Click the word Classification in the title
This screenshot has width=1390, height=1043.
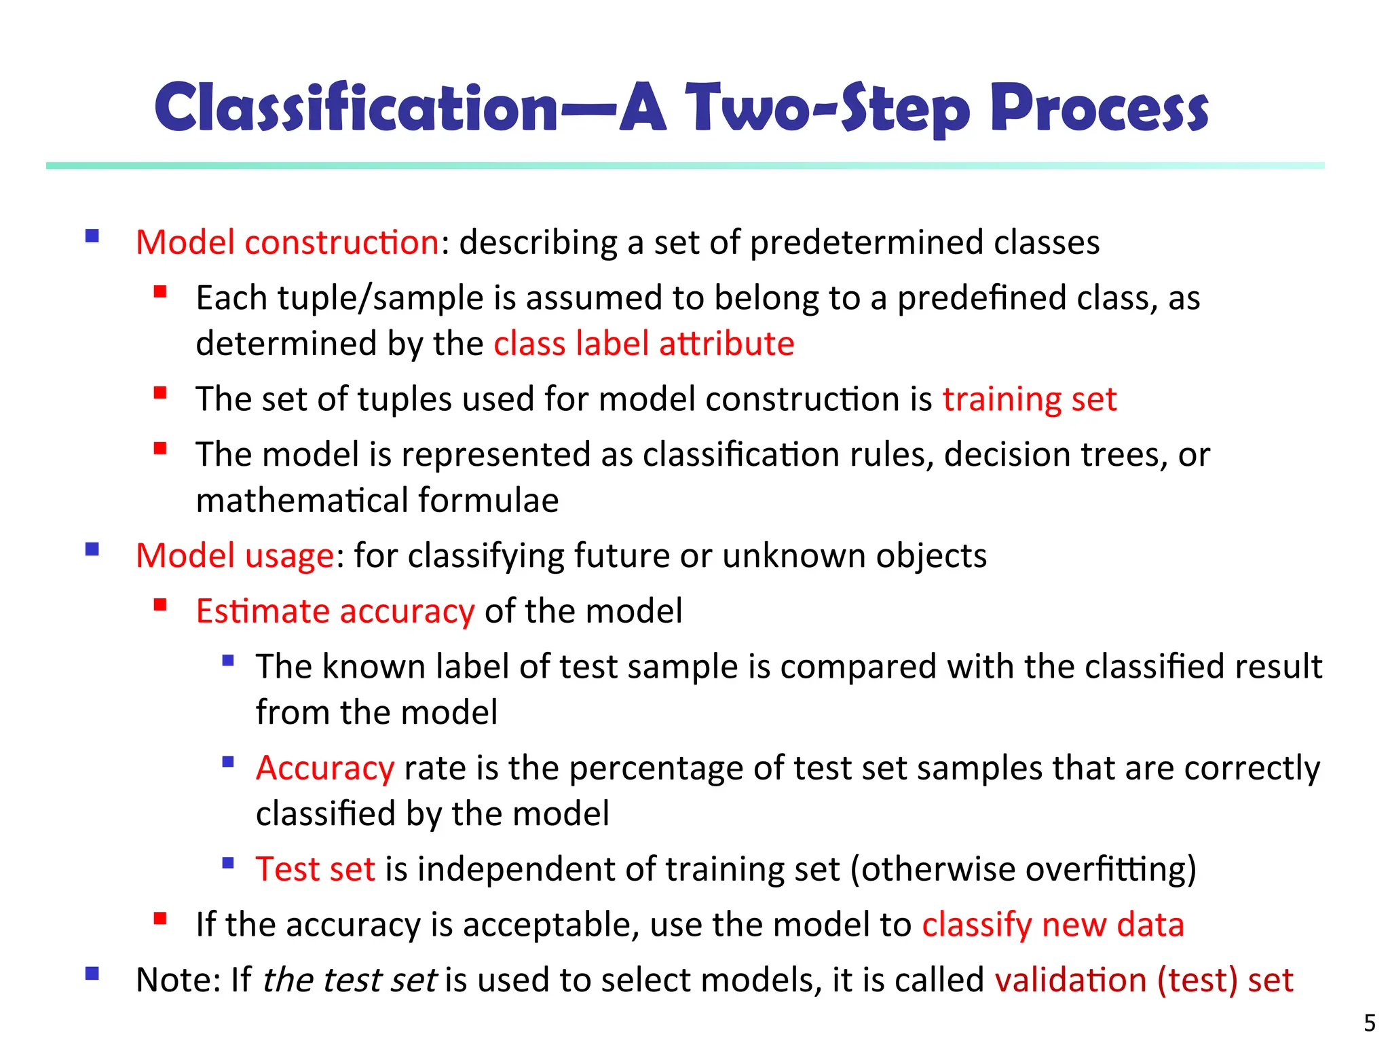pos(356,109)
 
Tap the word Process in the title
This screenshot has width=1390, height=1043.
pos(1099,109)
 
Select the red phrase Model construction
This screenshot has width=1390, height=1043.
pos(287,242)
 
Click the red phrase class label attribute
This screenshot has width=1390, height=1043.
pos(643,344)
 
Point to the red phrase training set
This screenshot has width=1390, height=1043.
pos(1029,399)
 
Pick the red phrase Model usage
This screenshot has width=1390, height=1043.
pos(235,556)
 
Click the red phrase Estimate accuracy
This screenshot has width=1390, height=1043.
pos(335,611)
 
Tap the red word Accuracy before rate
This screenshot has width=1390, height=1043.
pos(325,769)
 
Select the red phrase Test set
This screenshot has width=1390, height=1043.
pos(315,869)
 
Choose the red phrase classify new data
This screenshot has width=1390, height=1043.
pos(1053,925)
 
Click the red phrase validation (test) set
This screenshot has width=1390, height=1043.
pos(1144,981)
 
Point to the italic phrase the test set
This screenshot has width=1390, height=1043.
pos(349,981)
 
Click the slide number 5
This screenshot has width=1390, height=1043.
pos(1370,1023)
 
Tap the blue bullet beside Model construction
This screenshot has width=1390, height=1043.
pos(92,236)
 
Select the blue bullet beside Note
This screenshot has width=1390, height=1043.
pos(92,974)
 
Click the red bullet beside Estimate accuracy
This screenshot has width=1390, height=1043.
pos(160,605)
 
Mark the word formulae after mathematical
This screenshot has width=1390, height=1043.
pos(488,501)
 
